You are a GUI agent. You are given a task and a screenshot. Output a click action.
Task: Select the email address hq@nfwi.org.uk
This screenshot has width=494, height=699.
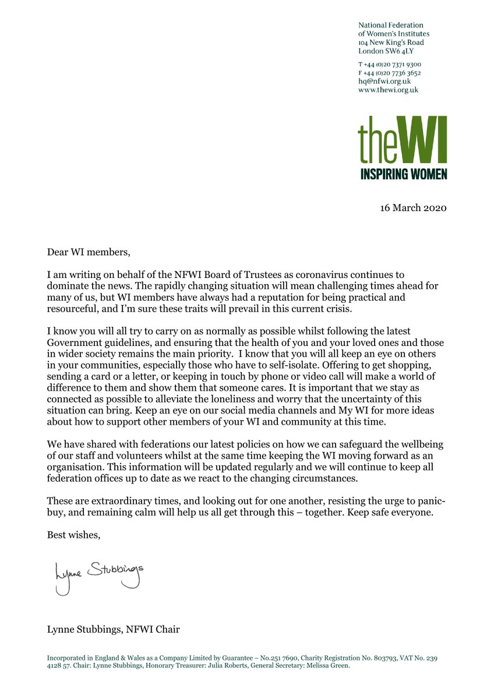coord(384,82)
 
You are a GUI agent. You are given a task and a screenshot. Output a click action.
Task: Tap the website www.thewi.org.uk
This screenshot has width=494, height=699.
coord(388,90)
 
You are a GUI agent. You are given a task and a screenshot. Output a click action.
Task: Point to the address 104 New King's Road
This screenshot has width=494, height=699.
coord(391,43)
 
